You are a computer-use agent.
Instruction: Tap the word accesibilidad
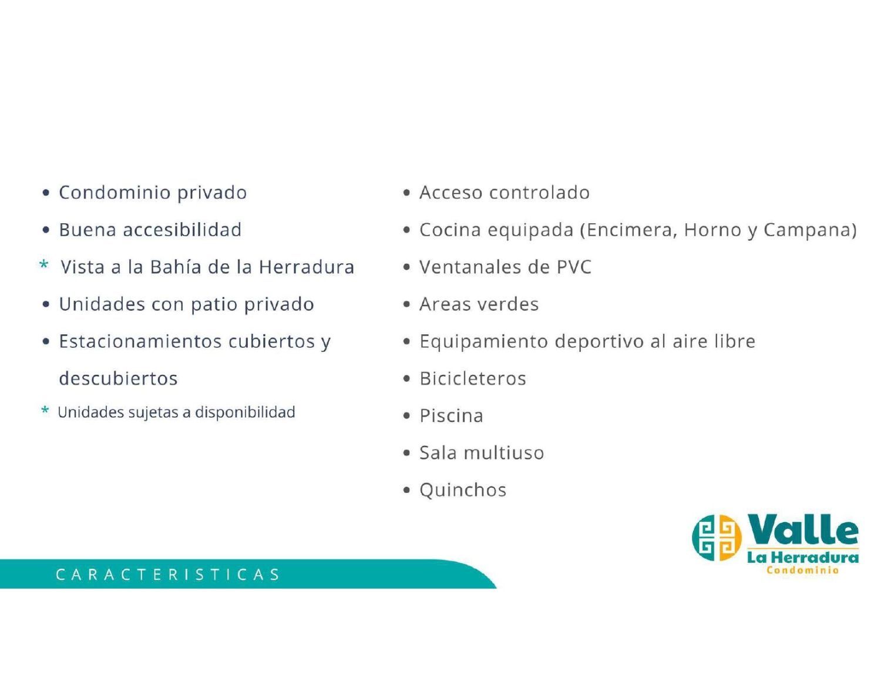[x=182, y=229]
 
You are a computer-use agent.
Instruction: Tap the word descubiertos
[x=119, y=378]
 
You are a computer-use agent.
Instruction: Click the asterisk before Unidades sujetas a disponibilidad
[x=45, y=410]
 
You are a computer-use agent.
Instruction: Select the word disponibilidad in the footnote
[x=245, y=412]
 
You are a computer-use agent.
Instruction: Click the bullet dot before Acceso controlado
[x=406, y=193]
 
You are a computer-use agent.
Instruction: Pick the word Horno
[x=712, y=230]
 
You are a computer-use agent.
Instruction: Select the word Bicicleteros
[x=473, y=378]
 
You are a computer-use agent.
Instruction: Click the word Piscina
[x=451, y=415]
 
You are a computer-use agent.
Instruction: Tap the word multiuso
[x=503, y=452]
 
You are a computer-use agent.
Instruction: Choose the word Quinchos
[x=463, y=490]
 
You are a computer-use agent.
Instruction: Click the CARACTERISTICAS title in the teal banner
[x=167, y=574]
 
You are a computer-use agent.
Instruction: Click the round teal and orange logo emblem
[x=717, y=538]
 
